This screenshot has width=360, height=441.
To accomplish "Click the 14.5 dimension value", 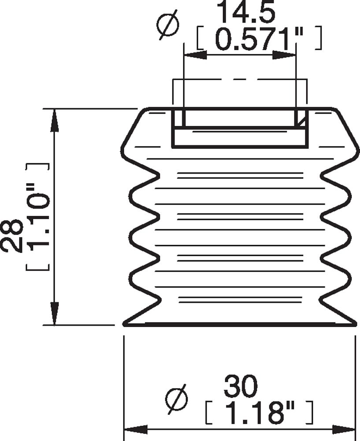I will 246,13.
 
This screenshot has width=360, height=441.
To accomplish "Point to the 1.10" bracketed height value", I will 38,217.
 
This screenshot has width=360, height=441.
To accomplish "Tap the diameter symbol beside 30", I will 176,400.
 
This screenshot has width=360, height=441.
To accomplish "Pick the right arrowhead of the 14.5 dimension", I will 284,55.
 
